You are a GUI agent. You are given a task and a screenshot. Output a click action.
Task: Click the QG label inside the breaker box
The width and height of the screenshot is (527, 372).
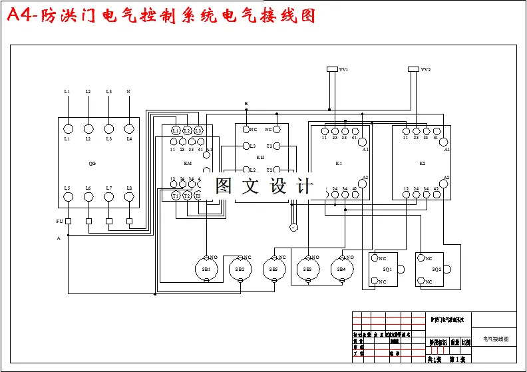pos(92,163)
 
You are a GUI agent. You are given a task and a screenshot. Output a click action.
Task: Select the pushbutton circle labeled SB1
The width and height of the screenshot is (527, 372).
pos(206,269)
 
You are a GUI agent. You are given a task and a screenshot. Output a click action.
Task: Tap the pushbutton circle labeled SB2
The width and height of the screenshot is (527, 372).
pos(240,269)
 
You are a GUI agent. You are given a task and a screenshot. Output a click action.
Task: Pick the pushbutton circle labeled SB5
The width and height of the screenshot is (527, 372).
pos(273,269)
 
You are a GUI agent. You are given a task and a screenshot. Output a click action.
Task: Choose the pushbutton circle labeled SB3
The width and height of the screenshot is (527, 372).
pos(307,269)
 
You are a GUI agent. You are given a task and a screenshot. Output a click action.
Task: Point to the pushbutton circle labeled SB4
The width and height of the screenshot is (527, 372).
pos(341,269)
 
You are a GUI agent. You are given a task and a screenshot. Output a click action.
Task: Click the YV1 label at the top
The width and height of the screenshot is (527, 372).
pos(344,69)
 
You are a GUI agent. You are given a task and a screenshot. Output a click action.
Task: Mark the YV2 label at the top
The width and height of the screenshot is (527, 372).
pos(425,69)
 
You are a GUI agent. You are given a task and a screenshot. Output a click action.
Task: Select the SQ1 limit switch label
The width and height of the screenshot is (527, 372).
pos(387,270)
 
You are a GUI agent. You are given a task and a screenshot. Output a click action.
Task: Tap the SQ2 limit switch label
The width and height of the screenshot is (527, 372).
pos(437,270)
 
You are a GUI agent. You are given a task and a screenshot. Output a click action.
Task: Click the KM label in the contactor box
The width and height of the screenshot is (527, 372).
pos(187,163)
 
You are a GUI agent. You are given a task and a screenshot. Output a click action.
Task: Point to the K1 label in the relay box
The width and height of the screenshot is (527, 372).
pos(339,163)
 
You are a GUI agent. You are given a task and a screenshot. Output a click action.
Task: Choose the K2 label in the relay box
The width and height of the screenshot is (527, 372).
pos(422,163)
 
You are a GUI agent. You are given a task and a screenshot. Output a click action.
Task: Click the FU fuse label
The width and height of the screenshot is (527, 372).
pos(59,221)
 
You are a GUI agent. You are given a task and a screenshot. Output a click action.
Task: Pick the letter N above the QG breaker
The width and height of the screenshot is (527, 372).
pos(128,91)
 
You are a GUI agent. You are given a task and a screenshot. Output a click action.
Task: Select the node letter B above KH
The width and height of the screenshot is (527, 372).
pos(246,104)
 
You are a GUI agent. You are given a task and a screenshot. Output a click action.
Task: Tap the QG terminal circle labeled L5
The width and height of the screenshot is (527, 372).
pos(67,196)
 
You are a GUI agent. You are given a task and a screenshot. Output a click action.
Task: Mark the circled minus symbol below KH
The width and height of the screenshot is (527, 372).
pos(293,228)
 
